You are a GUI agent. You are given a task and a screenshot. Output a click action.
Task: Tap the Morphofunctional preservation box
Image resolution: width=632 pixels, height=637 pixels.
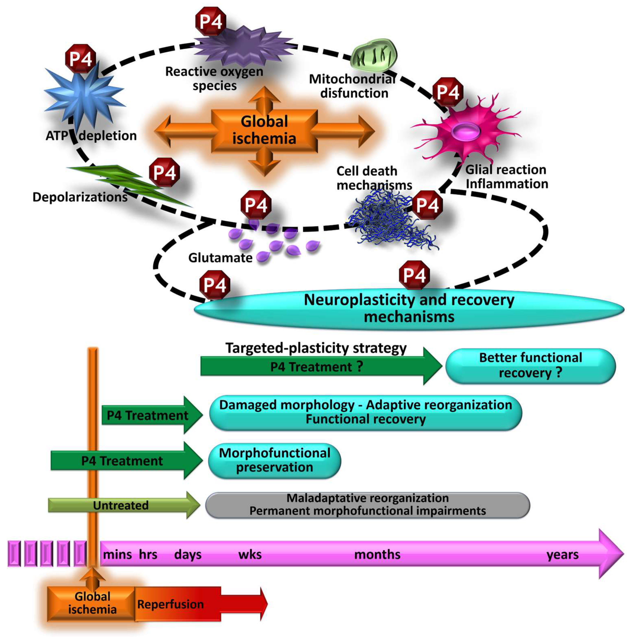click(274, 461)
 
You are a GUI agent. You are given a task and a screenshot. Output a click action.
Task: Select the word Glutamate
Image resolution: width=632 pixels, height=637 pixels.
click(220, 258)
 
